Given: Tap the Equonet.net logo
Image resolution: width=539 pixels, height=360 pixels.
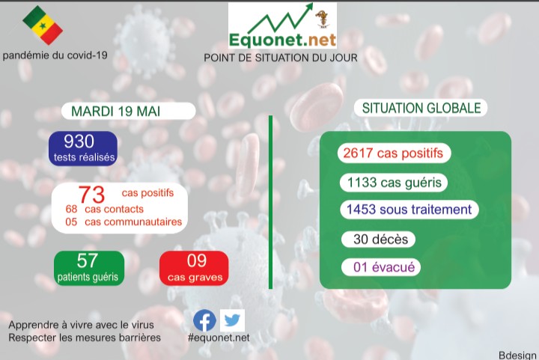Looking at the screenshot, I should coord(282,26).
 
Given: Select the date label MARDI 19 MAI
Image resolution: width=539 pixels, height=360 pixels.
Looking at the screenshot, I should coord(115,111).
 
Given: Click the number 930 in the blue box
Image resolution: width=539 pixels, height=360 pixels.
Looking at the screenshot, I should coord(79,141).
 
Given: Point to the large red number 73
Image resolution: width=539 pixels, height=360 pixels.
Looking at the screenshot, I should coord(91,195).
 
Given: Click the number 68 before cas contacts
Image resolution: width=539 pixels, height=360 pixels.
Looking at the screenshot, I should coord(72,210).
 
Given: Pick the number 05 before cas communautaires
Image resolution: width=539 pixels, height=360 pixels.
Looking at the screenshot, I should coord(72,222).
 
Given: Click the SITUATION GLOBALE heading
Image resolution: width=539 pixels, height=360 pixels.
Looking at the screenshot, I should coord(421,109).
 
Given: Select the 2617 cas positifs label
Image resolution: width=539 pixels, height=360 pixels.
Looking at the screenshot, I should coord(393,153).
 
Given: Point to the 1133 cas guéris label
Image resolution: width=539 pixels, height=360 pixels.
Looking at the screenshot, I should coord(393,182).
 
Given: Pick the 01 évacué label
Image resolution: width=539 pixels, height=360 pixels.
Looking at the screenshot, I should coord(380,267).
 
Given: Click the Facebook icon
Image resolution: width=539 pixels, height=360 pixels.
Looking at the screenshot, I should coord(204,320).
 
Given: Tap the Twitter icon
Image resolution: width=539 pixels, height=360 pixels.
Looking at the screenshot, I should coord(232,320).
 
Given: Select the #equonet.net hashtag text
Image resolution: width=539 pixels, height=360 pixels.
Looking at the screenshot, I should coord(219,338).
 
